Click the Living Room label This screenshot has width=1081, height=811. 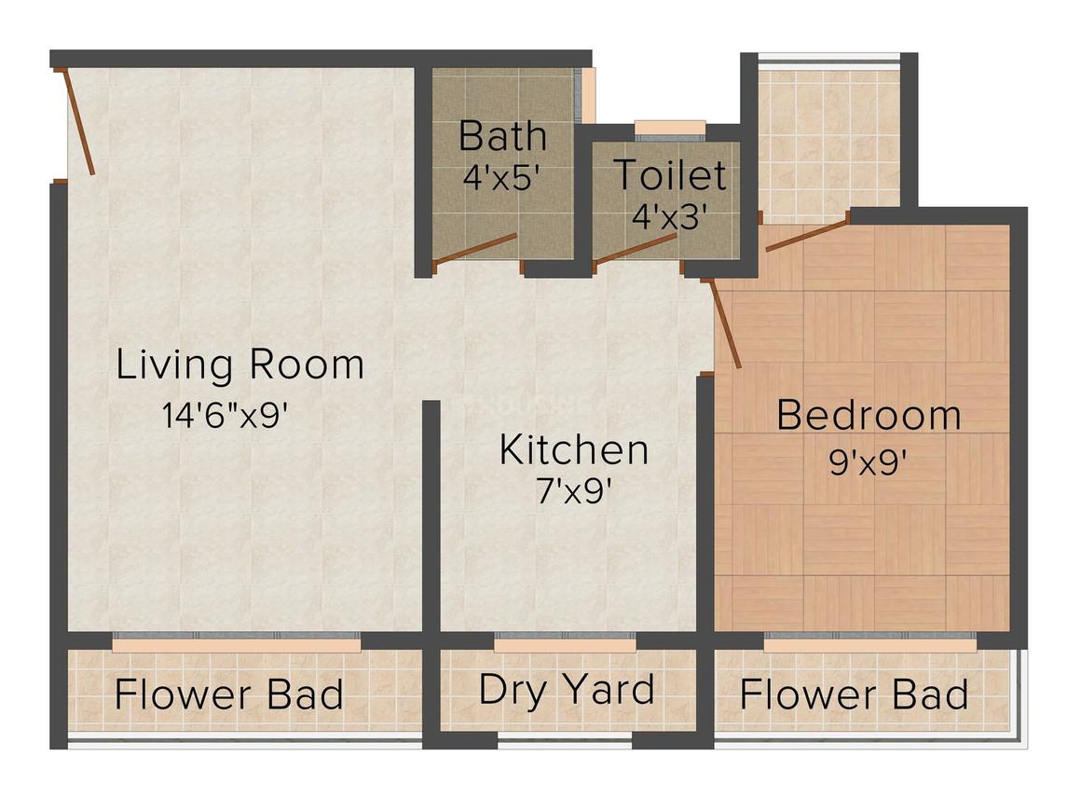(x=239, y=364)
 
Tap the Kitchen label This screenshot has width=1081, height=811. (x=574, y=449)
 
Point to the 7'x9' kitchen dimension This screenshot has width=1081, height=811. (x=573, y=491)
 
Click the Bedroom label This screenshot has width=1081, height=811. (x=869, y=415)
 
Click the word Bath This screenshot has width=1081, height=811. (x=502, y=136)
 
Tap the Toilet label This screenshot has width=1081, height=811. (x=668, y=174)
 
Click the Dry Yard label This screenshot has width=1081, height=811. (x=566, y=691)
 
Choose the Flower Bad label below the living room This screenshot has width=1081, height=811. (x=229, y=695)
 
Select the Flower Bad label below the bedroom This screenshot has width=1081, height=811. (x=854, y=695)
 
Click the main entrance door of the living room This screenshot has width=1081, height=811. (x=77, y=121)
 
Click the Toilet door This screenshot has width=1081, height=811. (x=635, y=249)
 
